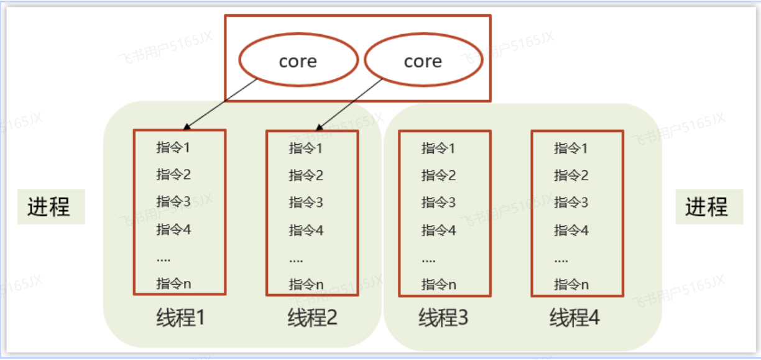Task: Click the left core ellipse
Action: pos(298,61)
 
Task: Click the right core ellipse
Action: pos(423,61)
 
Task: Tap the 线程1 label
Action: pos(180,318)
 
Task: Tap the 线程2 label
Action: pos(312,318)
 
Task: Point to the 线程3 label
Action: pos(443,318)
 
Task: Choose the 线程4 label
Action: pos(575,318)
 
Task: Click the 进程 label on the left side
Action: pos(48,206)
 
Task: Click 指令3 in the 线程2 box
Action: pos(306,202)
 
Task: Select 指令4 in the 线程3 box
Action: pos(438,230)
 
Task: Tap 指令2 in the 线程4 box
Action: pos(571,175)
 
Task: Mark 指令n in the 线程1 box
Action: pos(173,284)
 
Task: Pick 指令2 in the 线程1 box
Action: pos(173,174)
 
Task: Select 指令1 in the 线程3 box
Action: pos(438,148)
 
